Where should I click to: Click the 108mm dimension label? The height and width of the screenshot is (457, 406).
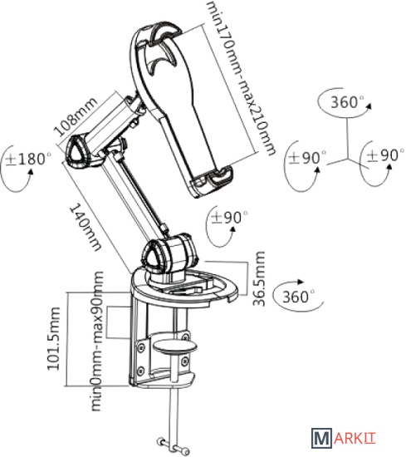pos(76,117)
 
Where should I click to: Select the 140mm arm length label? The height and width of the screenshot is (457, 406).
pos(86,227)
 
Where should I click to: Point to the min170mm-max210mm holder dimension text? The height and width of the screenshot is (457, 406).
pos(240,77)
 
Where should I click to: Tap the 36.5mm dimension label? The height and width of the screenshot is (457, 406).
pos(259,278)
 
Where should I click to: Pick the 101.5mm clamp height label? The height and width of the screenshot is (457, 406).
pos(54,339)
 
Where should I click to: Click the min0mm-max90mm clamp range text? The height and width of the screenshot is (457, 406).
pos(97,341)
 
